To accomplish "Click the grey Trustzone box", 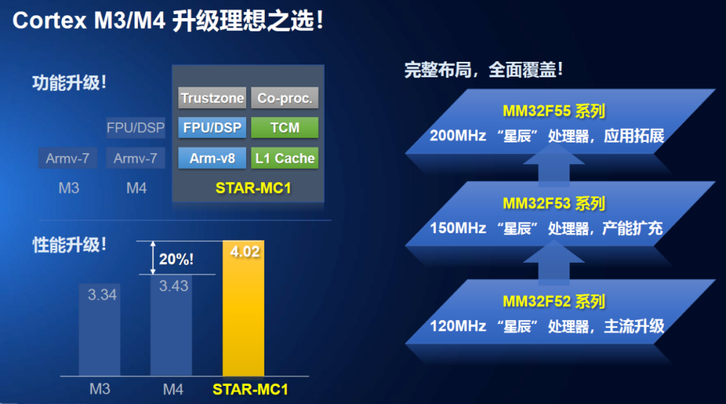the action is [212, 97].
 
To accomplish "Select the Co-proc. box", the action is [285, 97].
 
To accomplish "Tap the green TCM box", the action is [285, 127].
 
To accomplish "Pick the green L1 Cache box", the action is [285, 158].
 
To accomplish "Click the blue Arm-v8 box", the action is [212, 158].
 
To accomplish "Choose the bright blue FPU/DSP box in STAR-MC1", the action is [212, 127].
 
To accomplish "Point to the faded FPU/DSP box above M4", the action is [136, 127].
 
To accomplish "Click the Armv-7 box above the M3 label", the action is [68, 158].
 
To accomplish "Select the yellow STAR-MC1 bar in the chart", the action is [243, 308].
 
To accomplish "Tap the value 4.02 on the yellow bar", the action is [245, 252].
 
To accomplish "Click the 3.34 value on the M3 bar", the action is [102, 295].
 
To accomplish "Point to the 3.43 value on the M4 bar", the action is [173, 286].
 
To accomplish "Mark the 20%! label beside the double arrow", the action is [176, 259].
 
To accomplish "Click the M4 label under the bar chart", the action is [173, 389].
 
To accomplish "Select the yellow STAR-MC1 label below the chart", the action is [250, 390].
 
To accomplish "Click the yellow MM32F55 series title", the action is [554, 111].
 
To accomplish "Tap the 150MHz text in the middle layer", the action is [458, 228].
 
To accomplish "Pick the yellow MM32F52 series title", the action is [554, 302].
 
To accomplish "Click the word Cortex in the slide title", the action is [50, 21].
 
